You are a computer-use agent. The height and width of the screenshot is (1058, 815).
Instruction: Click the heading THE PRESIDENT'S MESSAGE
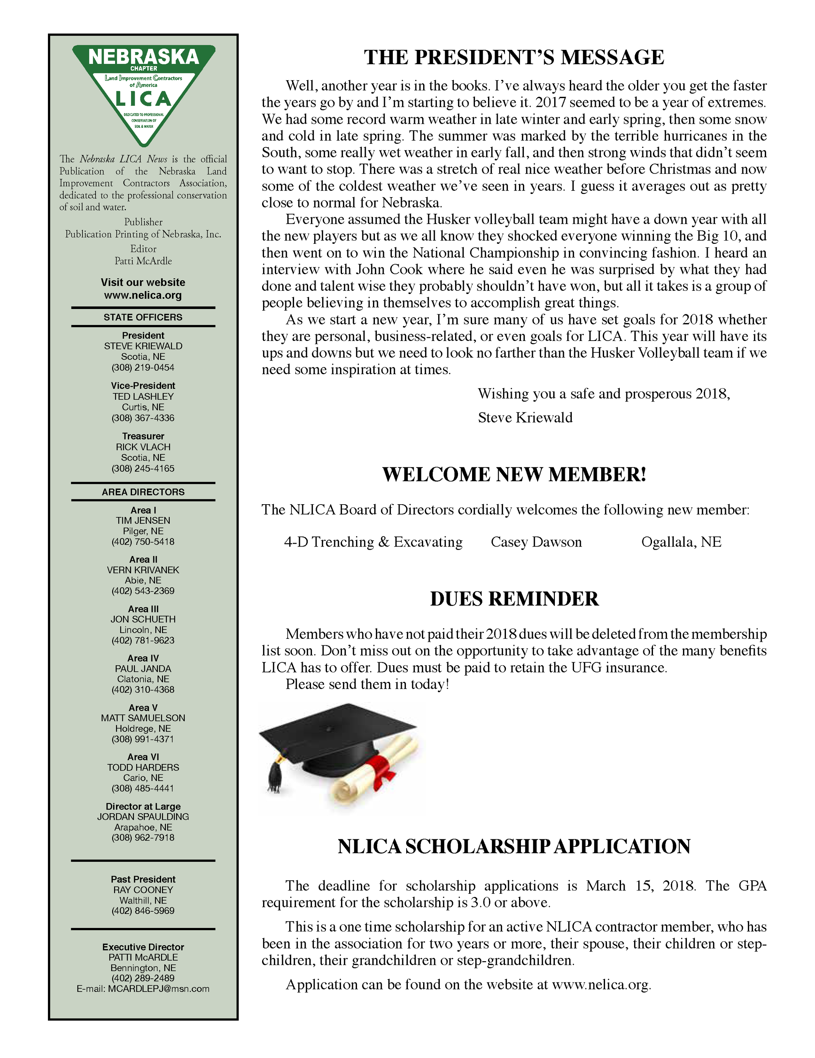[x=514, y=57]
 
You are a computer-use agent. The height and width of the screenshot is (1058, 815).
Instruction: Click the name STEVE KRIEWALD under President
[x=143, y=346]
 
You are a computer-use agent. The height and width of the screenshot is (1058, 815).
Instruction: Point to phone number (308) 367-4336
[x=143, y=418]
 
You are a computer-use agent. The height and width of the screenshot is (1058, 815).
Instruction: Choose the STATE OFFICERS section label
[x=143, y=317]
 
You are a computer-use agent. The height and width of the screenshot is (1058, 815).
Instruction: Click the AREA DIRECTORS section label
[x=143, y=492]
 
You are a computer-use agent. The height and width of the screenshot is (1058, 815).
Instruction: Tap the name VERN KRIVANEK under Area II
[x=143, y=570]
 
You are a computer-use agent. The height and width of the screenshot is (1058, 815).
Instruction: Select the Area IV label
[x=143, y=658]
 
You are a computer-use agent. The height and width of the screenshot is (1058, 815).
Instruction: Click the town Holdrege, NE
[x=143, y=728]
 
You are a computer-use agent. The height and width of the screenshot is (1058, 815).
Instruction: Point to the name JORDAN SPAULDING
[x=143, y=816]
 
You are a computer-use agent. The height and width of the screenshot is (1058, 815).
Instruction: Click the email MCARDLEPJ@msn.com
[x=158, y=988]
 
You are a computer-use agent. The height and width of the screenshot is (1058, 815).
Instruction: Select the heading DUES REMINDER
[x=514, y=599]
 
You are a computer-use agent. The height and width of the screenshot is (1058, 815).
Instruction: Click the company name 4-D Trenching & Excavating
[x=373, y=542]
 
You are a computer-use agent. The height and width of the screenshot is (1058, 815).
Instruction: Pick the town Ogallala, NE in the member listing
[x=681, y=542]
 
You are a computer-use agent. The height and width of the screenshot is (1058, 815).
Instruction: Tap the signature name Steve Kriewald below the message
[x=525, y=418]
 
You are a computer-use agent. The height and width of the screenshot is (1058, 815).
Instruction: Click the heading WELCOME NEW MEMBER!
[x=514, y=474]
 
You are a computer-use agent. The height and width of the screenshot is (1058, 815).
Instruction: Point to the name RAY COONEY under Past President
[x=143, y=890]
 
